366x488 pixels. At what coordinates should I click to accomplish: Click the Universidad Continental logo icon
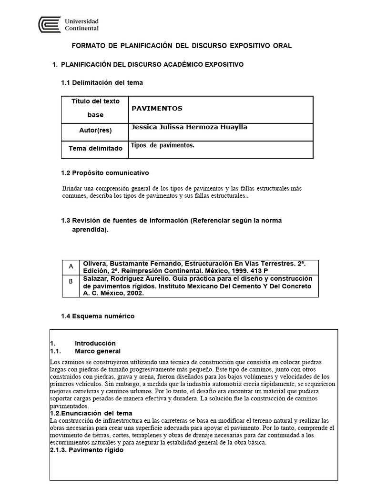point(50,24)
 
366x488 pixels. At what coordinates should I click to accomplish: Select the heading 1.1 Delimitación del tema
point(102,82)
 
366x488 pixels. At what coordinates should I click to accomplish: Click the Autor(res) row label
point(95,130)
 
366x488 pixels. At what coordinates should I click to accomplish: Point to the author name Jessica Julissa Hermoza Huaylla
point(189,127)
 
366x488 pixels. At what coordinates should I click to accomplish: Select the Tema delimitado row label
point(95,148)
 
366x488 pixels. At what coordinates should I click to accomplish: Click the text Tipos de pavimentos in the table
point(163,145)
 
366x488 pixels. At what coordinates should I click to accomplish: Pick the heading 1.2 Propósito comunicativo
point(105,173)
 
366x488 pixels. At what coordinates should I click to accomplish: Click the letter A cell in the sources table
point(71,266)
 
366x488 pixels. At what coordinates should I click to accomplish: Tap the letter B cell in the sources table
point(71,281)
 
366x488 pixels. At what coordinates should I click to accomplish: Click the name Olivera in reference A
point(95,263)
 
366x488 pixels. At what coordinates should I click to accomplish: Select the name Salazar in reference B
point(96,278)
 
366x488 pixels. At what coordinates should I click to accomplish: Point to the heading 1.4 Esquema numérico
point(98,316)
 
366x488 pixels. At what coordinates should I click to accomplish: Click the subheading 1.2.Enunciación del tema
point(91,413)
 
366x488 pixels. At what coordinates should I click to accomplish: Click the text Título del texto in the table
point(95,101)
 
